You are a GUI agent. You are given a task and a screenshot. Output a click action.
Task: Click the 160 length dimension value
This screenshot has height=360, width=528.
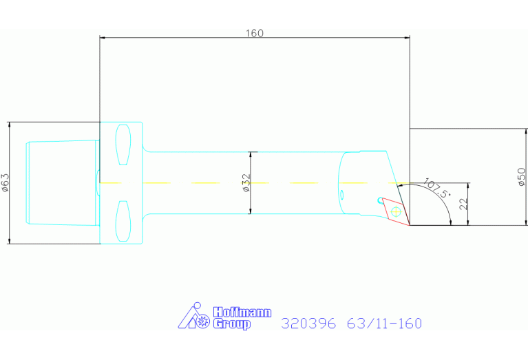(x=254, y=33)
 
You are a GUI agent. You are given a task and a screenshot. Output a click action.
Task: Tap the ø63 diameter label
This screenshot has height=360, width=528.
(x=6, y=182)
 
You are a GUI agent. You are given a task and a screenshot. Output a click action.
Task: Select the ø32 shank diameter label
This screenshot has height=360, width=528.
(x=246, y=183)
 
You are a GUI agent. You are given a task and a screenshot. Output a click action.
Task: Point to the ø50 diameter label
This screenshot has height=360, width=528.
(x=520, y=178)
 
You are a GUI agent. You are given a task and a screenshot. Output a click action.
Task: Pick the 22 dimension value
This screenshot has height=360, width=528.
(x=463, y=204)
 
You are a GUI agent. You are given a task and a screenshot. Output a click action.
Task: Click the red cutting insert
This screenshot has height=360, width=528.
(x=394, y=211)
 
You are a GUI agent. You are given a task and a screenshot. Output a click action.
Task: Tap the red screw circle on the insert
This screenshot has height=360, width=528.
(x=394, y=211)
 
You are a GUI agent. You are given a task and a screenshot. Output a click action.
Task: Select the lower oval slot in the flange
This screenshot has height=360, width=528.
(x=124, y=221)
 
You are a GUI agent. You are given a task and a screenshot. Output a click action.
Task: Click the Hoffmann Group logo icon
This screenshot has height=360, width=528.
(x=195, y=317)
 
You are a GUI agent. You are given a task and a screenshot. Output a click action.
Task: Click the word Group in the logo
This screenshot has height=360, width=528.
(x=232, y=324)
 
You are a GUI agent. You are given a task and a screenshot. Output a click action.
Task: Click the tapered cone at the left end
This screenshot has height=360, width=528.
(x=61, y=182)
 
